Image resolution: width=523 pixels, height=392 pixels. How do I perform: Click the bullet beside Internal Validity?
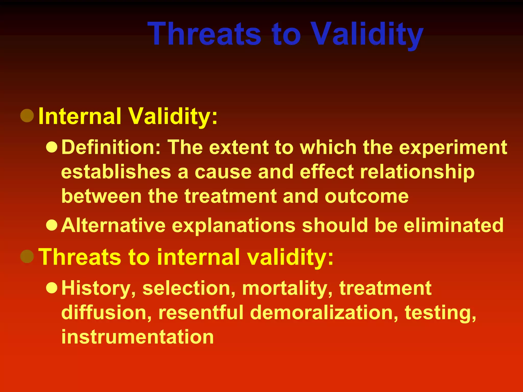tap(27, 116)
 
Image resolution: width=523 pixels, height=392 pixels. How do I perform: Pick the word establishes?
tap(116, 172)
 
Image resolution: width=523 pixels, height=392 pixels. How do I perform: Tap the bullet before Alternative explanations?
tap(52, 225)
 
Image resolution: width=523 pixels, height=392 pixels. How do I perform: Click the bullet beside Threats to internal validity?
tap(27, 256)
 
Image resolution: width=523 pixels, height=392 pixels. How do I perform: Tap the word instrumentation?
tap(137, 337)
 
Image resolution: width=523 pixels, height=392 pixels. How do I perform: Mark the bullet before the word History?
tap(52, 288)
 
